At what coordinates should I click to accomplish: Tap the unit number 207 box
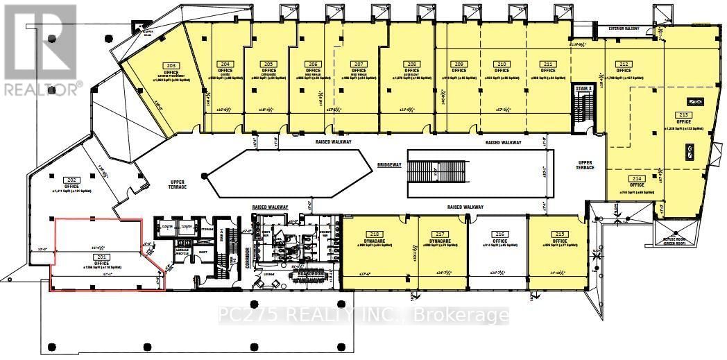click(358, 64)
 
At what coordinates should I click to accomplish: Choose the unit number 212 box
click(624, 64)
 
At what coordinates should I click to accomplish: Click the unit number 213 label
click(683, 115)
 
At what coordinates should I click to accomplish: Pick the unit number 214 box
click(638, 178)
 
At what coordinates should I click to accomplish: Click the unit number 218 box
click(375, 234)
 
